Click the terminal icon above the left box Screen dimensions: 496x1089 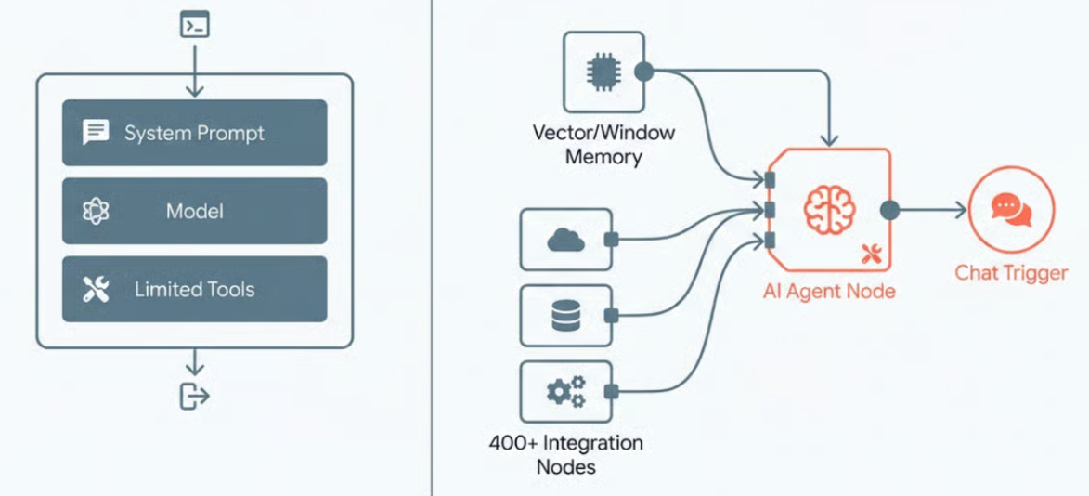tap(194, 25)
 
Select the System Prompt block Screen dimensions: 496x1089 tap(194, 133)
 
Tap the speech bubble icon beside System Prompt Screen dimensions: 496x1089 tap(96, 133)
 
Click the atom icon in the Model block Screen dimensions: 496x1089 tap(96, 212)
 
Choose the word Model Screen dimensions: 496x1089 tap(194, 212)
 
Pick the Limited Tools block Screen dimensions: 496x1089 tap(194, 290)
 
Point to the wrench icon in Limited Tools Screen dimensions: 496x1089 tap(96, 290)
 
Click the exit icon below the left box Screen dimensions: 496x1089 tap(194, 397)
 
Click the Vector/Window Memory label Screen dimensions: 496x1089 tap(603, 144)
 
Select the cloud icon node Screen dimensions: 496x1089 tap(566, 241)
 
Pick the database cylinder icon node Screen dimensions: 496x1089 tap(564, 317)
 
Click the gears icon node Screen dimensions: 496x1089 tap(565, 392)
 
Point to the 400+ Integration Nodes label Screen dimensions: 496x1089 tap(565, 453)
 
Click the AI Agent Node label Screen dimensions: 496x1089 tap(829, 292)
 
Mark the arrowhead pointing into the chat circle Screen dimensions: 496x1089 tap(960, 211)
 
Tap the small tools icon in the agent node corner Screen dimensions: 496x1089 tap(871, 253)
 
